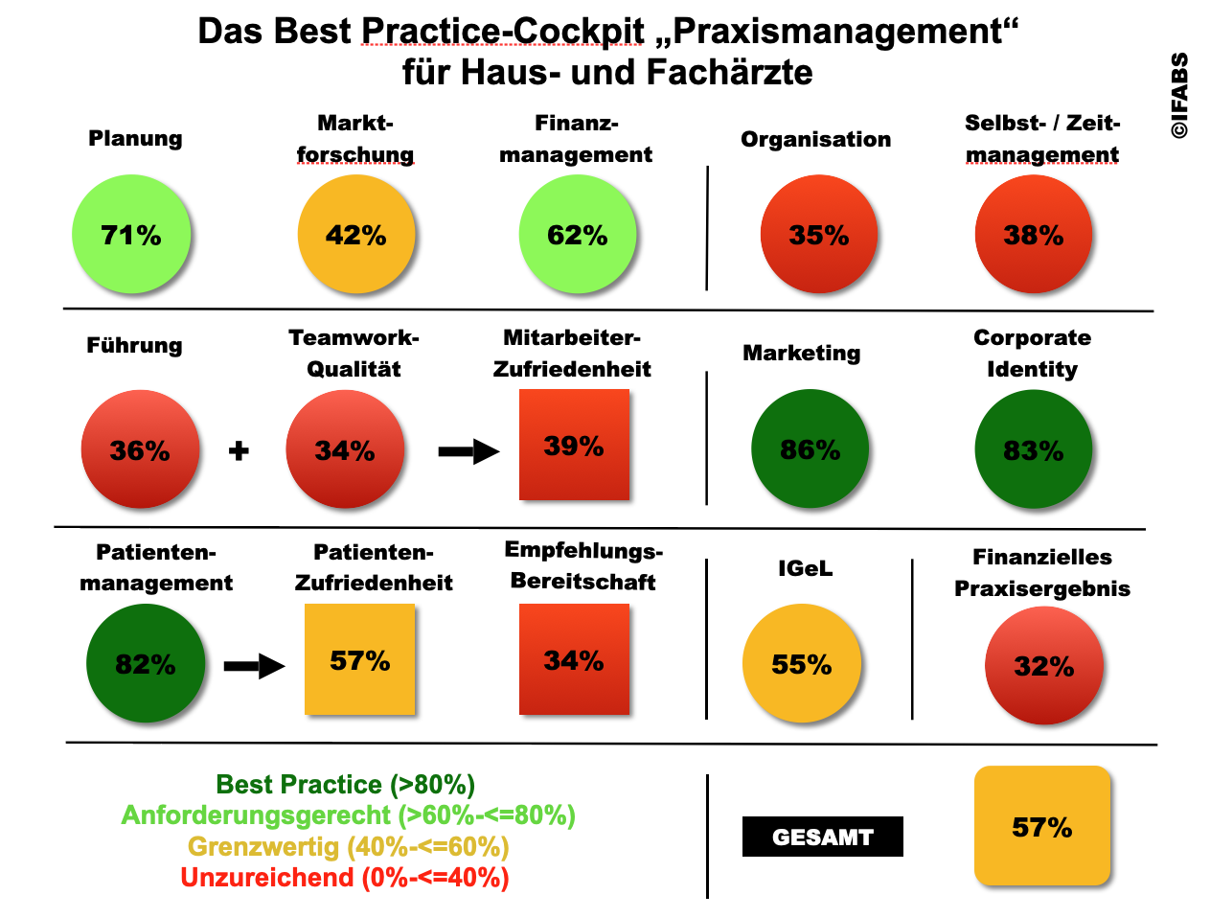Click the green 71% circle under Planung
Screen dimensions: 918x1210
131,234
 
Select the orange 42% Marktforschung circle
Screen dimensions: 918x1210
356,234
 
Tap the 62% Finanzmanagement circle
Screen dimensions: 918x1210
578,234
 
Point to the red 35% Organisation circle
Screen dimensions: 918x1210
819,234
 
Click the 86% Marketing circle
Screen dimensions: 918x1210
810,448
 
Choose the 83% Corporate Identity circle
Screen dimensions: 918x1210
1034,448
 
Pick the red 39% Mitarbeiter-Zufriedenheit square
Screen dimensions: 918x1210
574,445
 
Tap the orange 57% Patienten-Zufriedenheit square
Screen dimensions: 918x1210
359,659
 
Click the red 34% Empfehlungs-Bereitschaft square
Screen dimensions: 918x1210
574,659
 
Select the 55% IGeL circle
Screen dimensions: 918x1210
802,663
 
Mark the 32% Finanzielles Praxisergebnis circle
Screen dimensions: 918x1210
1044,665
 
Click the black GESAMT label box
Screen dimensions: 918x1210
822,837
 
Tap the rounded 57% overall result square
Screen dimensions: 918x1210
1042,826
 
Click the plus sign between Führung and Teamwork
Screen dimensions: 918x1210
239,449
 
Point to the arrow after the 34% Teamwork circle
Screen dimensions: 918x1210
468,451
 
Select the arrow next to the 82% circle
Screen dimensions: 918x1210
254,666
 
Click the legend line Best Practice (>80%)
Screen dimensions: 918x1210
346,785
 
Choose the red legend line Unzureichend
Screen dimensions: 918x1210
345,877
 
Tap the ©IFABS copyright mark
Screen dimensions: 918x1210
1179,96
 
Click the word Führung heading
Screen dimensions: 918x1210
134,345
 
